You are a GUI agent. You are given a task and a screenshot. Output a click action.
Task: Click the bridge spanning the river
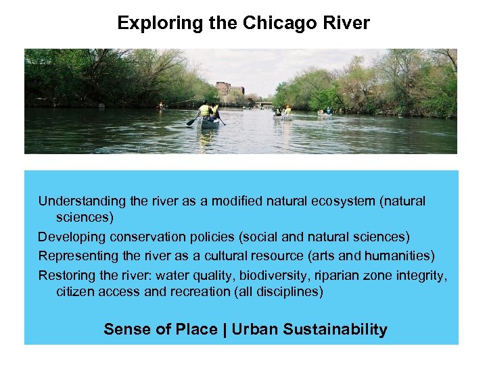point(263,105)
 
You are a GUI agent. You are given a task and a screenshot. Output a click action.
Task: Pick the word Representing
point(79,255)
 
